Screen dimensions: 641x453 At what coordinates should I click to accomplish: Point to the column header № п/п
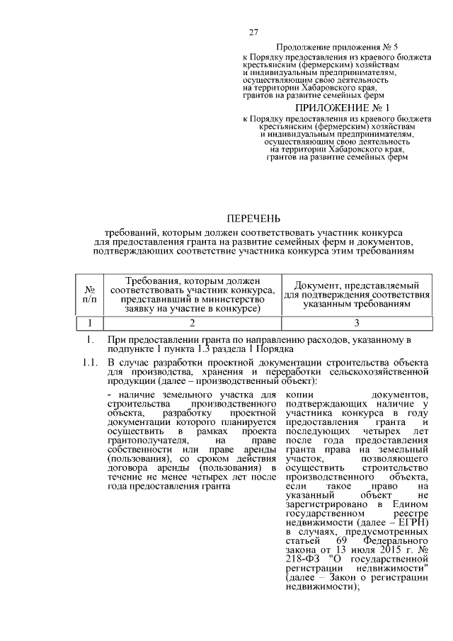[90, 295]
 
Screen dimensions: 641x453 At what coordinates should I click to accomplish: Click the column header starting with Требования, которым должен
[193, 295]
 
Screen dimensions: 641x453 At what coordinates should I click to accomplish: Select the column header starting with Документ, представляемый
[362, 295]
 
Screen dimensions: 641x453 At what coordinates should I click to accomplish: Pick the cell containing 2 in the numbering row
[193, 322]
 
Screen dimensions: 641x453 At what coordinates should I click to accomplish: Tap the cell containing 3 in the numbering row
[362, 322]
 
